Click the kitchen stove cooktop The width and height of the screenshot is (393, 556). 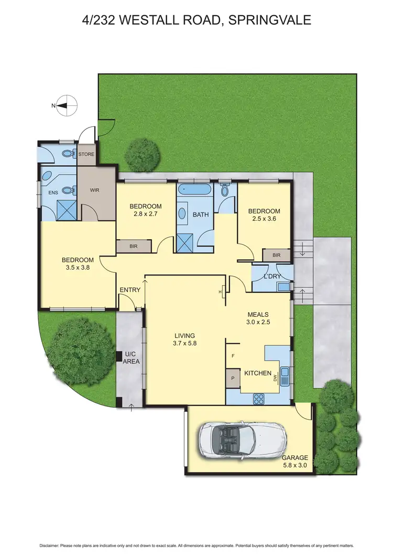click(x=259, y=399)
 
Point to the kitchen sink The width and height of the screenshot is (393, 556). click(x=285, y=374)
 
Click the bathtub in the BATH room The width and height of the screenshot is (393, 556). click(x=194, y=189)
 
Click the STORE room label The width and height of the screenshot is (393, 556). click(x=86, y=155)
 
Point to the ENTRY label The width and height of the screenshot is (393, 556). click(x=129, y=290)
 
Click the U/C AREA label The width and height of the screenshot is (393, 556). click(x=130, y=358)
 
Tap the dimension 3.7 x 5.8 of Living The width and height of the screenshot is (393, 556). click(x=185, y=344)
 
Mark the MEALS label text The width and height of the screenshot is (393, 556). click(x=258, y=315)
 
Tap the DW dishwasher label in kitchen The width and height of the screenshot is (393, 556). click(x=275, y=375)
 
